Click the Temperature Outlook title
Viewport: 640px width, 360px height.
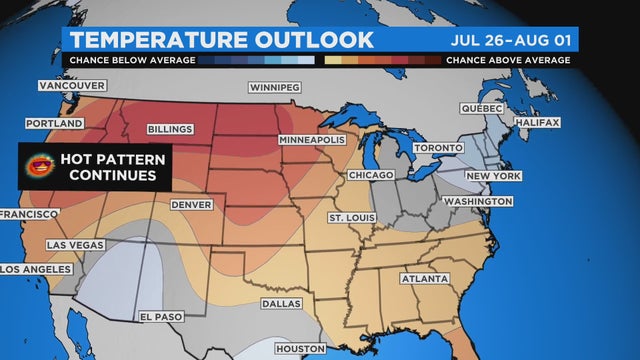pyautogui.click(x=222, y=39)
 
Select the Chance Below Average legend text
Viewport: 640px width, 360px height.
pyautogui.click(x=128, y=61)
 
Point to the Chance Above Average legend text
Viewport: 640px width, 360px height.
pyautogui.click(x=508, y=61)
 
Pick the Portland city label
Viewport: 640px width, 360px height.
pyautogui.click(x=54, y=124)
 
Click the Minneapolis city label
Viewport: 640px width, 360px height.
pyautogui.click(x=312, y=140)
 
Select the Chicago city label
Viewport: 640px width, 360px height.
pyautogui.click(x=371, y=175)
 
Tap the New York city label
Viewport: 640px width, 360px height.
pyautogui.click(x=493, y=176)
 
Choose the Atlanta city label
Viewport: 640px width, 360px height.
pyautogui.click(x=424, y=279)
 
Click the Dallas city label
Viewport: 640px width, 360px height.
pyautogui.click(x=278, y=302)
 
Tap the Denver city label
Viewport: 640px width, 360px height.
pyautogui.click(x=191, y=204)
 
